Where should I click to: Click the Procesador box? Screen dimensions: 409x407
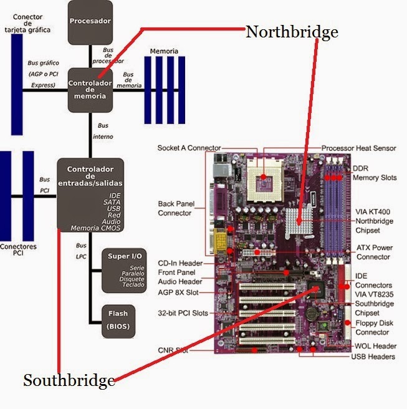(90, 22)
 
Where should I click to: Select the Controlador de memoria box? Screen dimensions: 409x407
(90, 89)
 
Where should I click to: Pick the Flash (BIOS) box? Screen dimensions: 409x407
(118, 319)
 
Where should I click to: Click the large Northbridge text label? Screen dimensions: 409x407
(292, 32)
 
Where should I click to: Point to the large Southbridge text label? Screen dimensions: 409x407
(69, 380)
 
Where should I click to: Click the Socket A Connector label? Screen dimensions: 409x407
(189, 148)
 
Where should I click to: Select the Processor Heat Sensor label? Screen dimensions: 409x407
(358, 148)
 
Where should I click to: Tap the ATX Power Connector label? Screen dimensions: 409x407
(374, 252)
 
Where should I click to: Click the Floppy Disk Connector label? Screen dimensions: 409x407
(374, 327)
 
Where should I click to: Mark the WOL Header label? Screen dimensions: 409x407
(375, 346)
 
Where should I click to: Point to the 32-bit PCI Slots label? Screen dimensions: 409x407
(183, 313)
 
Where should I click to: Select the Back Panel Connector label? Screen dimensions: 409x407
(175, 208)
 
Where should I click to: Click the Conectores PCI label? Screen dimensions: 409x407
(18, 249)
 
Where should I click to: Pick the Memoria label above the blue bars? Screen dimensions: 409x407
(164, 51)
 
